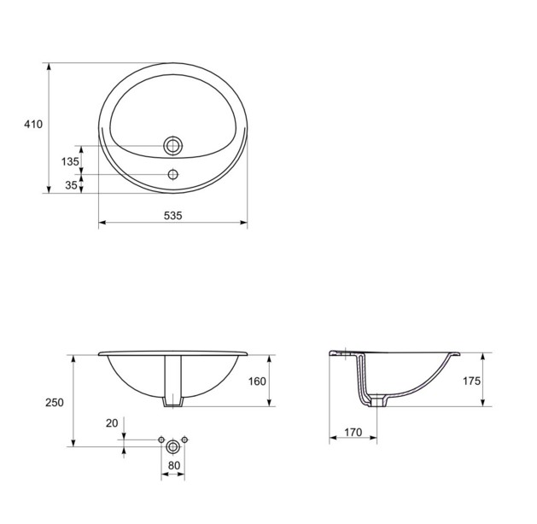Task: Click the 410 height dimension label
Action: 33,125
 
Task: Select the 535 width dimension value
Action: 173,216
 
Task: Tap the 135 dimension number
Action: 70,161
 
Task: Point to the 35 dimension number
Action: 71,185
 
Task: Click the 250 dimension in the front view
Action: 55,403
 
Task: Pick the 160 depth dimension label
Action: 257,381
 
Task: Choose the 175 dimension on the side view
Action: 471,381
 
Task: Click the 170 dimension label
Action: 353,433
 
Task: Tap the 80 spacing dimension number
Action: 174,465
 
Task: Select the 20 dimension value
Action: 112,423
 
